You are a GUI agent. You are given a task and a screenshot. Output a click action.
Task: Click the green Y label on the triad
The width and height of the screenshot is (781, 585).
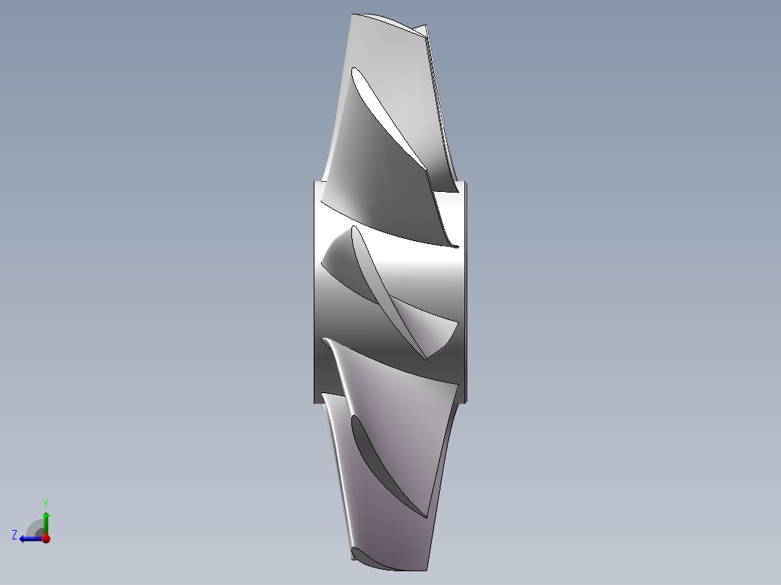tap(45, 502)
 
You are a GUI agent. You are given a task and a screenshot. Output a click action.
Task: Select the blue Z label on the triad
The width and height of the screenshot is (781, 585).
tap(14, 534)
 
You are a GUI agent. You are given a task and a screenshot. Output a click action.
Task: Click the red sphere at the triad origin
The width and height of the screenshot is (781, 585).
tap(46, 539)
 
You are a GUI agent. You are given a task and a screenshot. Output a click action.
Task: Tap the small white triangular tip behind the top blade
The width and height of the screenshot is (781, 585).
tap(422, 30)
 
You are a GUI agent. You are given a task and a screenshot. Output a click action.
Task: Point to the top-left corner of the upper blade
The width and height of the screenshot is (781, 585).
tap(352, 15)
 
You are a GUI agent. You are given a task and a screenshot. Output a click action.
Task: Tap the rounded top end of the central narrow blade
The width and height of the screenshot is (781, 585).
tap(354, 230)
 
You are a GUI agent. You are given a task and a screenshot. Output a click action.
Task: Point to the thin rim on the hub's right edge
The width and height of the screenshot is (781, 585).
tap(464, 290)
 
